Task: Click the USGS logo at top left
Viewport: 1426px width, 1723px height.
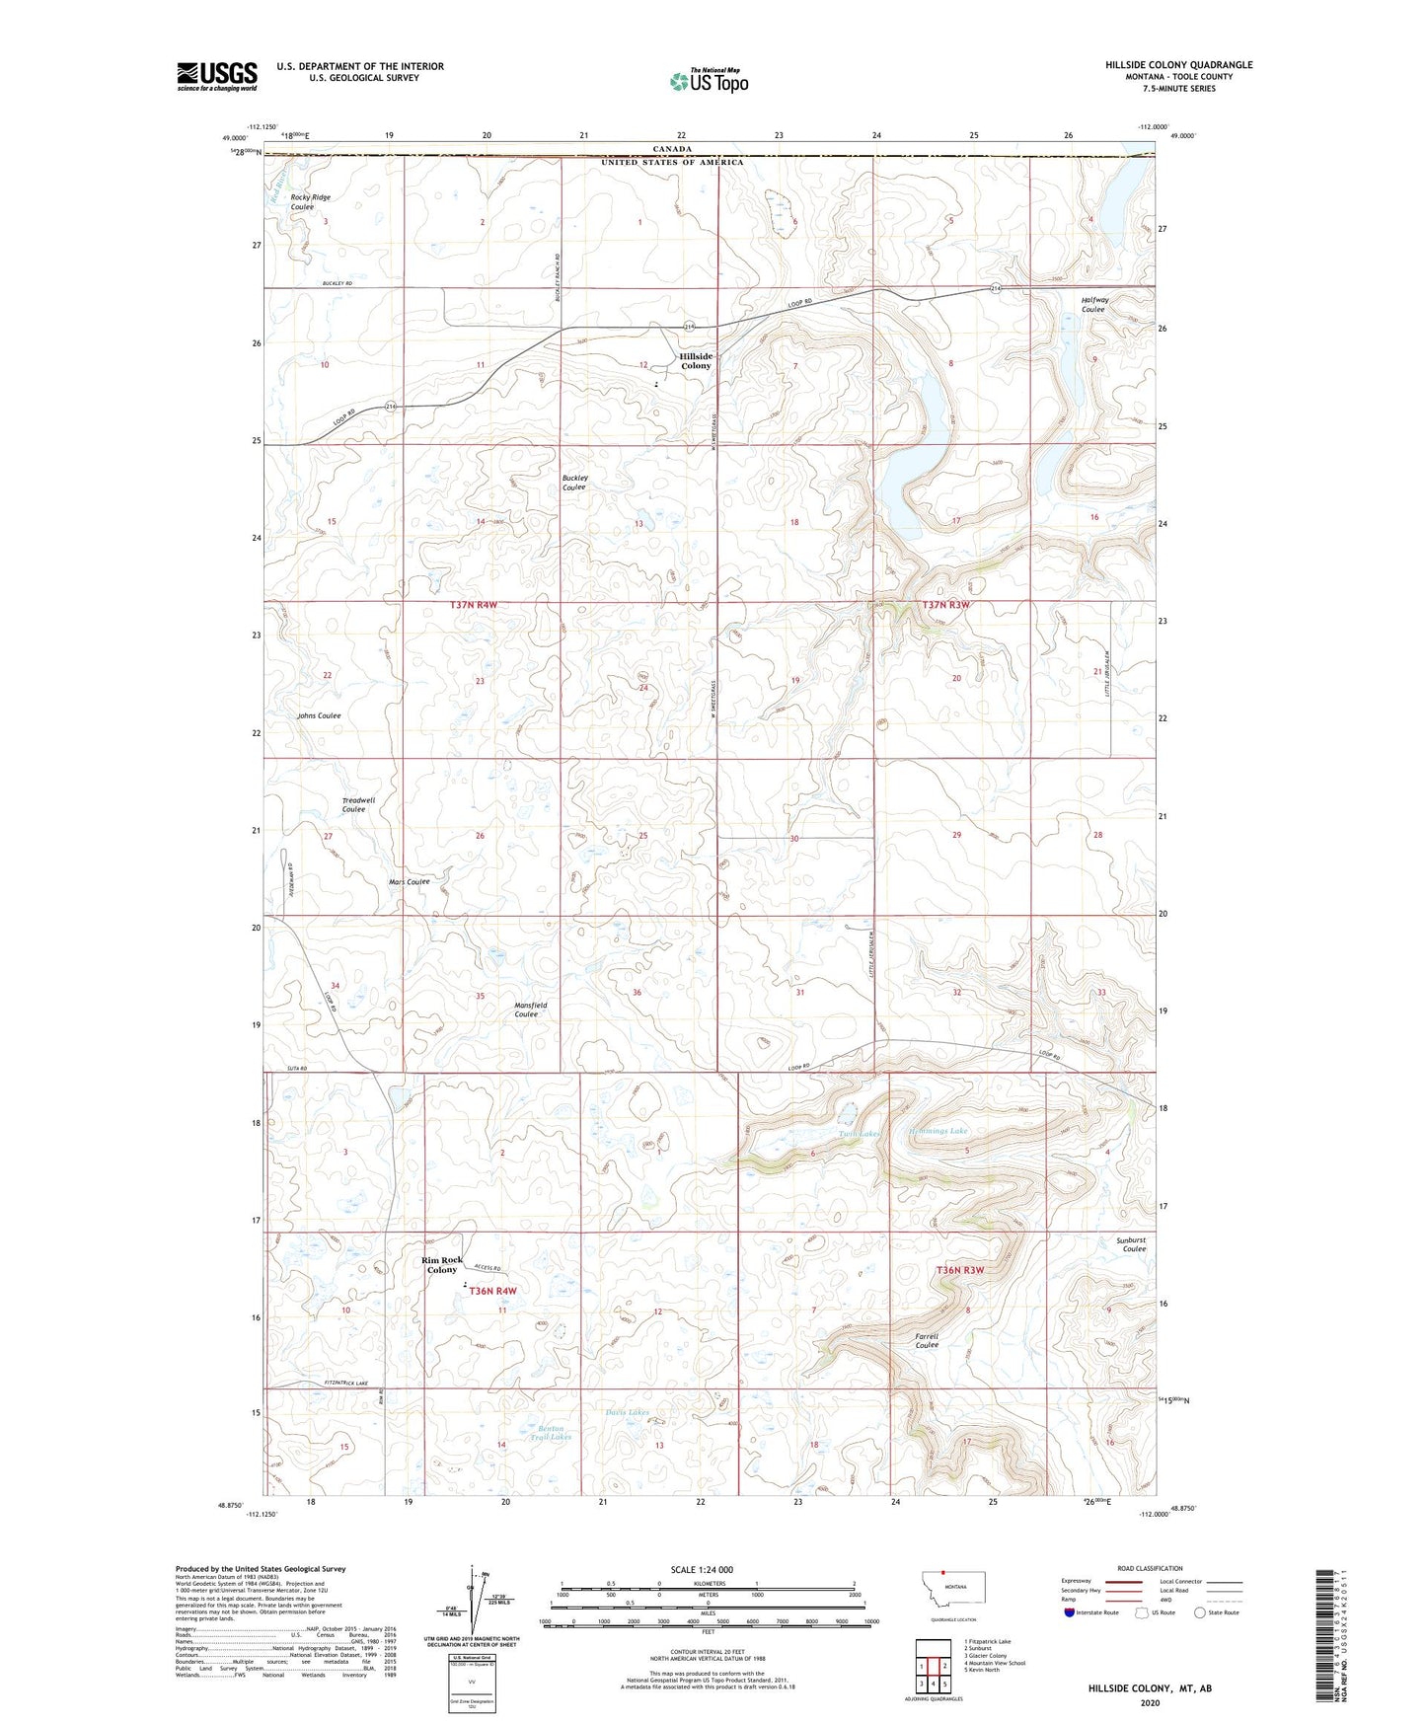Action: [x=216, y=75]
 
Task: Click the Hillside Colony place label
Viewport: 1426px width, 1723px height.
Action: [x=695, y=361]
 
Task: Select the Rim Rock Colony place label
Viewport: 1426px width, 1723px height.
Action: [x=442, y=1264]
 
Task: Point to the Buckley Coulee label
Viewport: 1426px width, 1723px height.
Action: [x=574, y=483]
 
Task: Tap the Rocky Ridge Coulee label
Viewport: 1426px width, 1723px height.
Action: [x=310, y=202]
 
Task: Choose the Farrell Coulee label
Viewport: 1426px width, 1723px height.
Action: [x=926, y=1340]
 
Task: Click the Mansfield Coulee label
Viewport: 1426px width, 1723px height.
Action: [x=530, y=1010]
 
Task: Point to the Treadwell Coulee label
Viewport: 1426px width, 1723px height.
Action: [x=357, y=804]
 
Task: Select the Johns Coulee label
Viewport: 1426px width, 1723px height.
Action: [x=319, y=715]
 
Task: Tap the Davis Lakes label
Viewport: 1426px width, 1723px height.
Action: [x=627, y=1412]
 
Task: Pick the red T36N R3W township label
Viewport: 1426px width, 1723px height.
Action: [x=959, y=1270]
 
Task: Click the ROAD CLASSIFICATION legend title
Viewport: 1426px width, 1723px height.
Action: [x=1150, y=1568]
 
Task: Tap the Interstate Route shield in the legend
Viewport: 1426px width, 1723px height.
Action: [x=1070, y=1612]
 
